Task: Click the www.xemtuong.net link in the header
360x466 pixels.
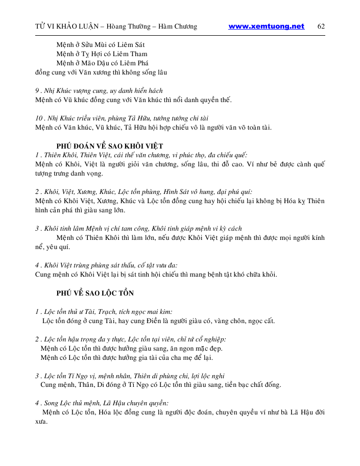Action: pos(266,27)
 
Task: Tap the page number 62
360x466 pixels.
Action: pos(321,27)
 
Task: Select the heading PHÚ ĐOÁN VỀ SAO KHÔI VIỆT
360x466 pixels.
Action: pos(110,146)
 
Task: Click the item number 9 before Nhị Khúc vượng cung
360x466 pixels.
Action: pos(37,91)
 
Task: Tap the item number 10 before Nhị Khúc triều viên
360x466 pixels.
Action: pos(39,118)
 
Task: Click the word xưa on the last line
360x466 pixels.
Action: pos(41,422)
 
